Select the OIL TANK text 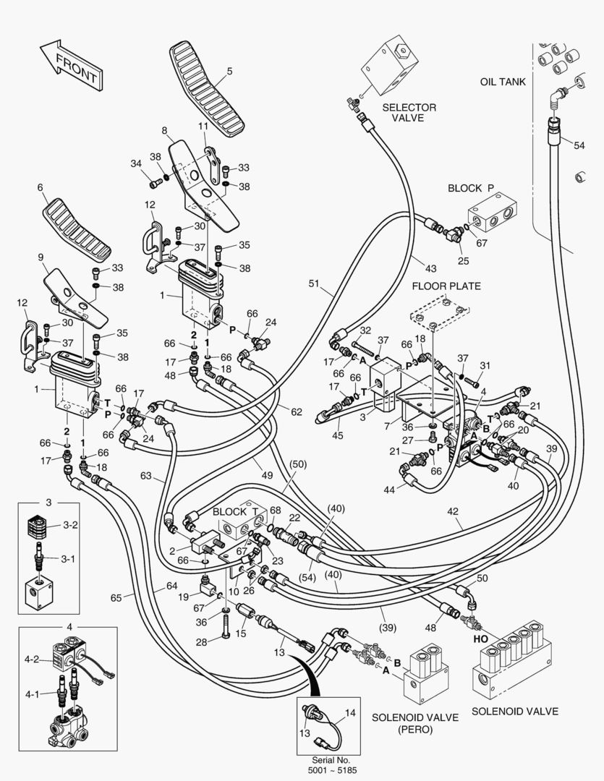click(x=503, y=82)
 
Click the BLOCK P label click(x=471, y=188)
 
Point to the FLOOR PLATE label click(x=446, y=286)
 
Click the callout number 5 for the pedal click(x=229, y=71)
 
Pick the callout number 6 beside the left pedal click(x=41, y=187)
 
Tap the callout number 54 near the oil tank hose click(x=579, y=145)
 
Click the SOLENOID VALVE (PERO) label click(x=414, y=723)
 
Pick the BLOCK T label click(x=231, y=511)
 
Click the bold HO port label click(x=480, y=639)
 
